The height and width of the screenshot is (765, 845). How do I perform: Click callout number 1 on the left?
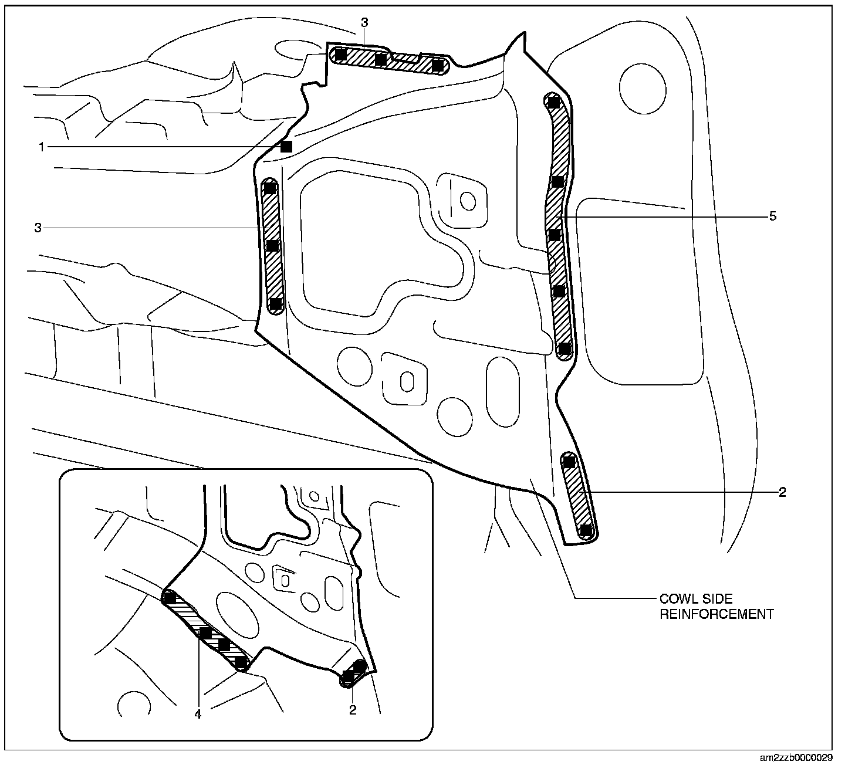(x=42, y=147)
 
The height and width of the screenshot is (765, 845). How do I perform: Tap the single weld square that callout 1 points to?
(x=286, y=147)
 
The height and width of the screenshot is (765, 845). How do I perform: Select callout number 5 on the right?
(x=773, y=216)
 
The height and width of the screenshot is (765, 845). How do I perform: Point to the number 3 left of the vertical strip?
(x=38, y=228)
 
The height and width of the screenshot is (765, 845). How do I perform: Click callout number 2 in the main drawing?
(x=782, y=492)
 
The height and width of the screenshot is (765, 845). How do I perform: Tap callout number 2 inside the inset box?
(x=353, y=710)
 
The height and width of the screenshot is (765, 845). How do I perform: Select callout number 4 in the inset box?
(x=198, y=714)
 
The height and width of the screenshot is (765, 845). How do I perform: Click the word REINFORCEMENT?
(x=716, y=614)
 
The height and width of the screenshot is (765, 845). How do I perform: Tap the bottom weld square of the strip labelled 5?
(x=565, y=349)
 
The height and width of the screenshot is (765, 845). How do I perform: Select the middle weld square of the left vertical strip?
(x=272, y=246)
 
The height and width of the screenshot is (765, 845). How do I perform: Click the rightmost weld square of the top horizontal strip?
(x=438, y=66)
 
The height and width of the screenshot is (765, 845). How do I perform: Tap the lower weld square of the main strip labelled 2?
(x=586, y=530)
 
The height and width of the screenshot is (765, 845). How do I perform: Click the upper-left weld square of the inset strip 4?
(x=170, y=598)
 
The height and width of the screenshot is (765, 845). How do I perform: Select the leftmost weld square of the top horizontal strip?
(x=340, y=55)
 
